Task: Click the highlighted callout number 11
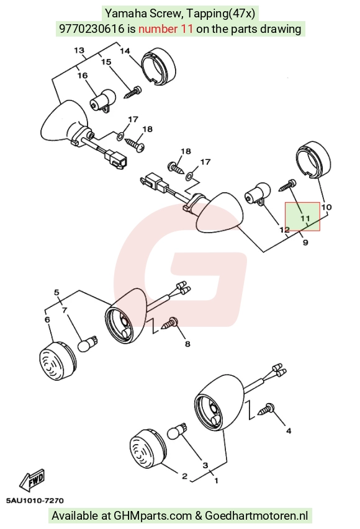305,218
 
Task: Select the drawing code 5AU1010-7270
35,500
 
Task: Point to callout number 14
125,51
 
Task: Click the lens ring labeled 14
158,68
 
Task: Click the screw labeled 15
133,92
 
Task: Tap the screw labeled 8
170,323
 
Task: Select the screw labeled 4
266,409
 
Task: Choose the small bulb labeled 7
88,344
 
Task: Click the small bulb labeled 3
177,432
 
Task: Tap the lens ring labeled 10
313,160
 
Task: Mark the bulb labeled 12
258,194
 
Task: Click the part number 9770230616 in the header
91,29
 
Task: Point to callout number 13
79,50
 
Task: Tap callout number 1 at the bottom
216,480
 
